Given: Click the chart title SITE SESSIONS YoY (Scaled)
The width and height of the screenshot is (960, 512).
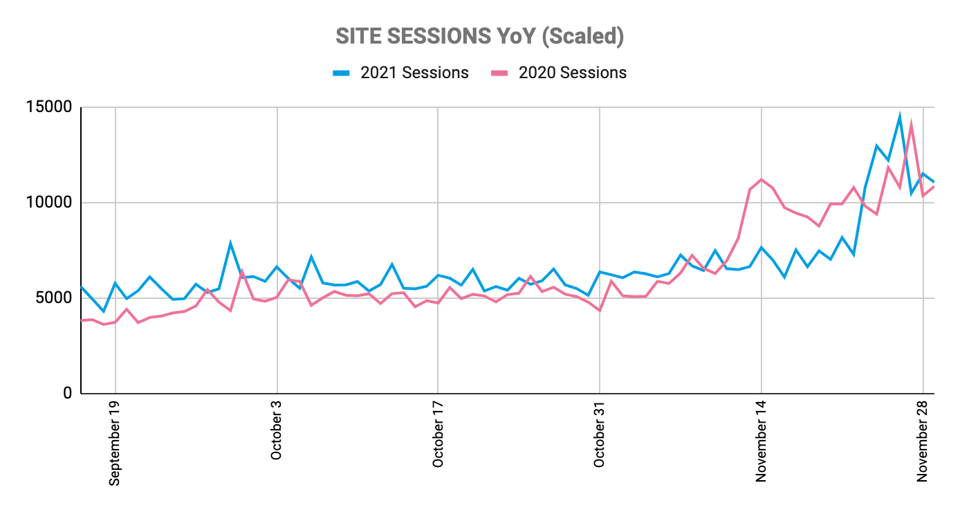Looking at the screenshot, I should click(x=479, y=37).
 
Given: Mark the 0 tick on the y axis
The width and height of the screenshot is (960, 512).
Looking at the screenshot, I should click(x=68, y=393).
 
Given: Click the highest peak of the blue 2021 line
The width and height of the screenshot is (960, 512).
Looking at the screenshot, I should click(x=900, y=116).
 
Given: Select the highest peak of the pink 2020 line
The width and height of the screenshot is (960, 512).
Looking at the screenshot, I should click(x=912, y=125).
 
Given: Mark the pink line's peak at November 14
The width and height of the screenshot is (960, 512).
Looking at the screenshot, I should click(x=761, y=179).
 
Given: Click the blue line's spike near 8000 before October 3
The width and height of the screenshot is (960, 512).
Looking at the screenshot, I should click(x=230, y=243).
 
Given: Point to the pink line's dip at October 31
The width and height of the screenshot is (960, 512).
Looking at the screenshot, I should click(x=599, y=311).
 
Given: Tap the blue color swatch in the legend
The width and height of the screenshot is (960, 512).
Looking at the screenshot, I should click(x=342, y=73).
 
